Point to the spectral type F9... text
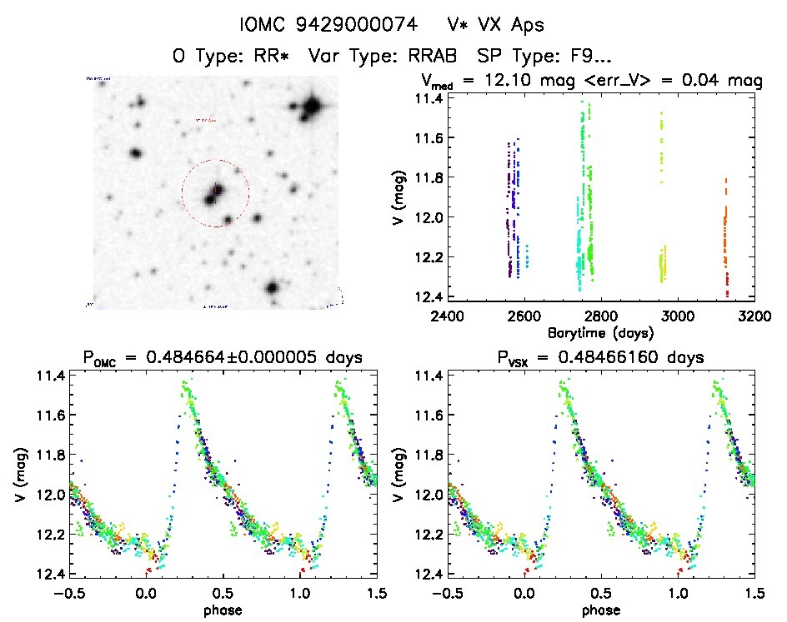[x=581, y=57]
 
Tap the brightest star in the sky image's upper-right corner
[x=312, y=107]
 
